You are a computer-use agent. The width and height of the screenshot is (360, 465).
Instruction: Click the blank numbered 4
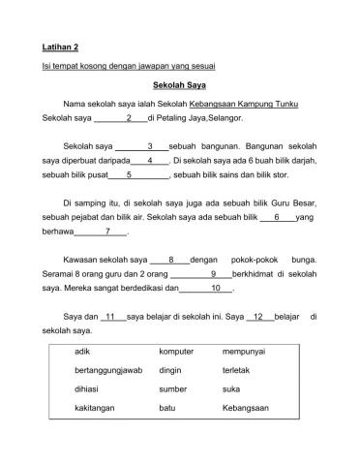point(150,161)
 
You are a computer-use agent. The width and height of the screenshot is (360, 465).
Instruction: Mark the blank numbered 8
point(169,261)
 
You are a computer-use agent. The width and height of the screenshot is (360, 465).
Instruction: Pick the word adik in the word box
point(83,352)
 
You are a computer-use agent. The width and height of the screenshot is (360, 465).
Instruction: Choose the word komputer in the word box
point(176,352)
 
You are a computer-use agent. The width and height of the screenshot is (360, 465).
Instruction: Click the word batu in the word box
point(166,409)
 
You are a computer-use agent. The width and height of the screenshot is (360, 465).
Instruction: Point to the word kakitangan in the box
point(95,409)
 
